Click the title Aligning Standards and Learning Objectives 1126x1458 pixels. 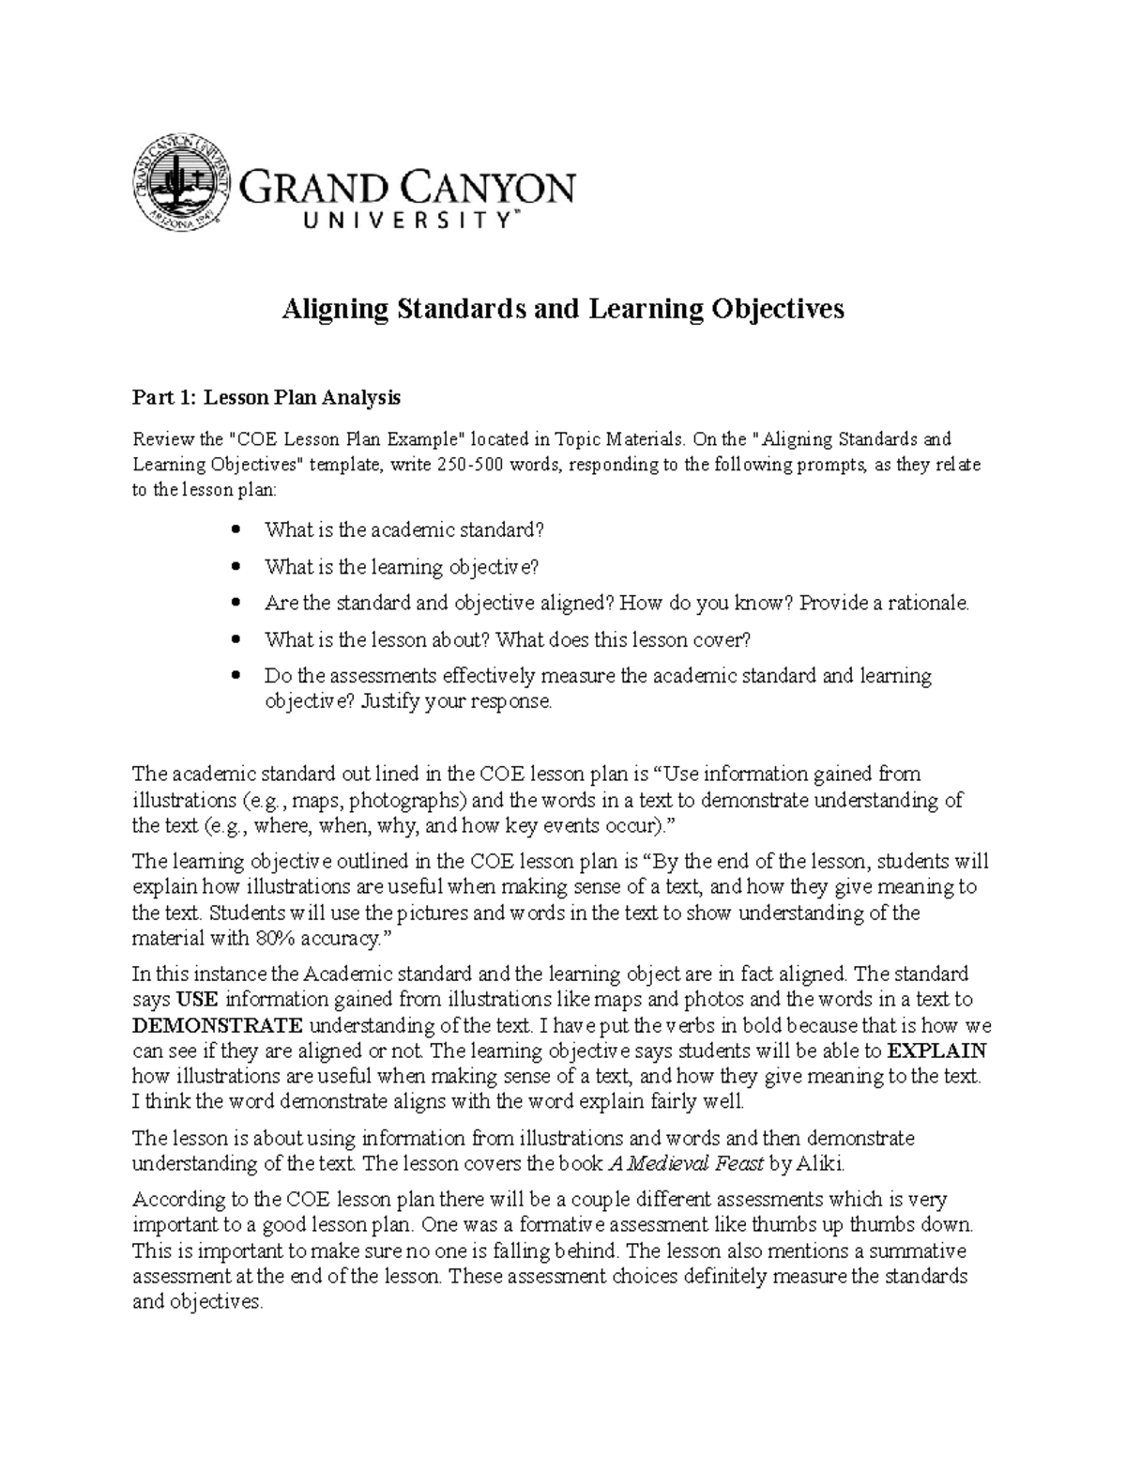click(x=563, y=309)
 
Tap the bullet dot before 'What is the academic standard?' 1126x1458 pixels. click(x=236, y=530)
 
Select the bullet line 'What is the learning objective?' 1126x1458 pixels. click(x=402, y=567)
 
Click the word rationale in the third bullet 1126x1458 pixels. click(x=927, y=604)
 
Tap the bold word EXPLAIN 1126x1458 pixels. click(x=936, y=1051)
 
